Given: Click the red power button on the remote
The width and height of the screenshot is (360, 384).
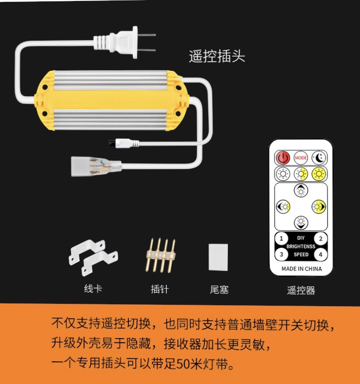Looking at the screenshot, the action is (x=283, y=157).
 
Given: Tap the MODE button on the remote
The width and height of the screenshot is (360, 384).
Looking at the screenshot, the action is (x=301, y=157).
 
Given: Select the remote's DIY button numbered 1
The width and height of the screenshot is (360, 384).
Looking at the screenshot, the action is (x=281, y=239).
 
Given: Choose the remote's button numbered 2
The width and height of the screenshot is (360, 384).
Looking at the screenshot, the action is (x=321, y=239).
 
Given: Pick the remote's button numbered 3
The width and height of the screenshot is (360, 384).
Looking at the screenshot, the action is (x=281, y=254).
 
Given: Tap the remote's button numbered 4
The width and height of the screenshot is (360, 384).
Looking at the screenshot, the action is (x=321, y=255).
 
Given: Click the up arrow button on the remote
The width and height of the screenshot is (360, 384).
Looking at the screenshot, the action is (x=301, y=190).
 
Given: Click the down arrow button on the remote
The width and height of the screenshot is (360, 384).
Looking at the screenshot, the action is (x=301, y=222).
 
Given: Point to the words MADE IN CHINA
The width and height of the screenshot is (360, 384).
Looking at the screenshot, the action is (x=302, y=269).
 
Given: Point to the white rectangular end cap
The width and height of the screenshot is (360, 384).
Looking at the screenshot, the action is (x=218, y=257).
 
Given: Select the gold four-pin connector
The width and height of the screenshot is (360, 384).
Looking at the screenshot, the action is (x=161, y=255).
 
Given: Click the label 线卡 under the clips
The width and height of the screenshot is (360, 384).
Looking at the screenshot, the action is (x=93, y=289).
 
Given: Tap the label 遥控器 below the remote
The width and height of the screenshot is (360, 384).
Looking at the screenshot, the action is (x=301, y=290).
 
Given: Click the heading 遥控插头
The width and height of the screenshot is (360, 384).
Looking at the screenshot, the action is (x=217, y=57).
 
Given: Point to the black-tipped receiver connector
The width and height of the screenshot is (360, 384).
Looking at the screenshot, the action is (x=124, y=143).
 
